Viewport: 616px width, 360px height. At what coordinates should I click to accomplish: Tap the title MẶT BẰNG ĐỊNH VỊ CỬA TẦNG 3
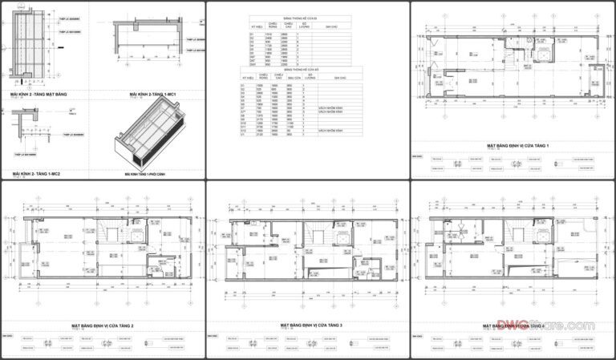(x=311, y=326)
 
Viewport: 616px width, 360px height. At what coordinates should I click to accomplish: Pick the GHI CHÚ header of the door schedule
(x=330, y=26)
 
